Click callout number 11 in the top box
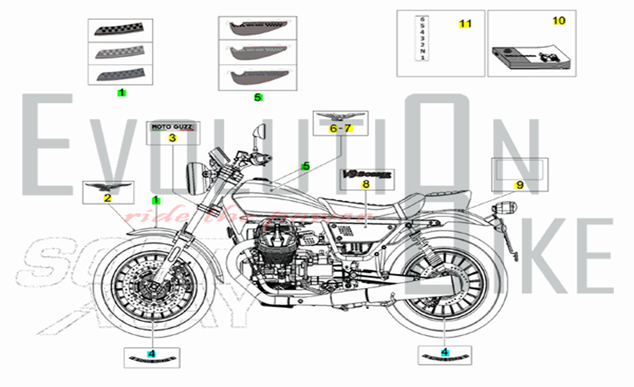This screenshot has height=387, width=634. (465, 24)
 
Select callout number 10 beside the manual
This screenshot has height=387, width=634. (559, 21)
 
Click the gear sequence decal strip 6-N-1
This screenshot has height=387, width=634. (422, 38)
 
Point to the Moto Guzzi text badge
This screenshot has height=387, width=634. (172, 128)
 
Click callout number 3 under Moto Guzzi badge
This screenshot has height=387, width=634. (172, 138)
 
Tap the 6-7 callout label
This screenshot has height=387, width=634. (340, 128)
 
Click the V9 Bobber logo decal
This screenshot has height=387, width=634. (366, 174)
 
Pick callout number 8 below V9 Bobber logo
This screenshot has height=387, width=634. (366, 184)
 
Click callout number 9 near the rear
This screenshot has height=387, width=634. (520, 185)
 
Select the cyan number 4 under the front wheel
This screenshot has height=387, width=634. (152, 354)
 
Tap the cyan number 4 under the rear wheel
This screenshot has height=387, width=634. (445, 352)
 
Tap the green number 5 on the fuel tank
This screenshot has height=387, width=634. (306, 166)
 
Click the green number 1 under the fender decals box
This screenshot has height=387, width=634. (122, 93)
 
